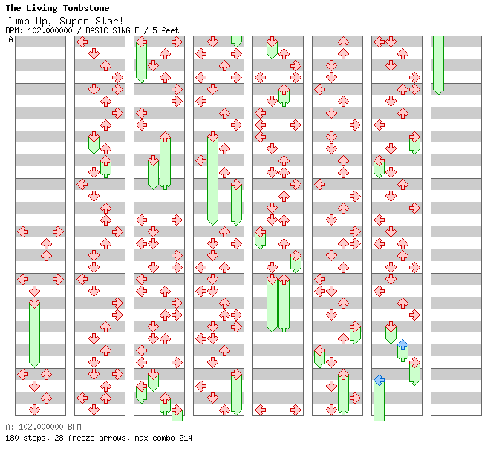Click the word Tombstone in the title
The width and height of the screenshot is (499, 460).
84,9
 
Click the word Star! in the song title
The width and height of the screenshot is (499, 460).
111,21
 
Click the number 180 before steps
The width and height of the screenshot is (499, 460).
12,438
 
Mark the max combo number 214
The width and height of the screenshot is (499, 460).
185,438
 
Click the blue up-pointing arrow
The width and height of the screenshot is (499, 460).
402,345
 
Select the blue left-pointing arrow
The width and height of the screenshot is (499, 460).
379,381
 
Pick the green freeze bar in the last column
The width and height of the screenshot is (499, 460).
438,64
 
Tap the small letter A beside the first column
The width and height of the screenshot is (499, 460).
10,40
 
